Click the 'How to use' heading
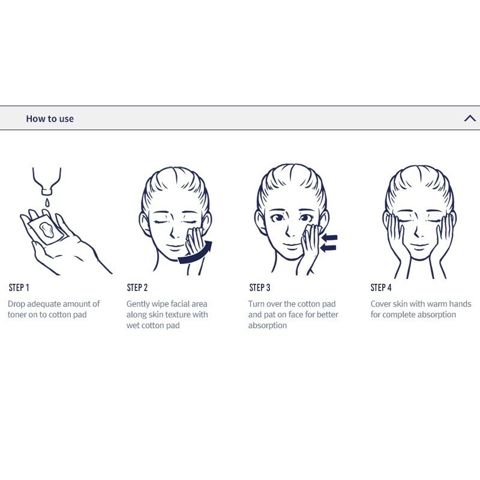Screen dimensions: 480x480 [50, 118]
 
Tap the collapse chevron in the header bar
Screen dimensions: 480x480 [470, 118]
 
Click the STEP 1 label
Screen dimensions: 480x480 [19, 287]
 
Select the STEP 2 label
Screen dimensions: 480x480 [137, 287]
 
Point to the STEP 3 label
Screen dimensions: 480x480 [260, 287]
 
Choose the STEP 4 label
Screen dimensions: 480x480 [381, 287]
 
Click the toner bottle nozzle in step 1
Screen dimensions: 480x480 [47, 191]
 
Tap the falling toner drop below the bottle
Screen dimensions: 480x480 [47, 202]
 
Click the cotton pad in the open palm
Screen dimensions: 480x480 [46, 230]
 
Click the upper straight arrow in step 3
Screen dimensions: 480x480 [329, 237]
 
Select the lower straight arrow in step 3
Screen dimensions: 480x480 [328, 247]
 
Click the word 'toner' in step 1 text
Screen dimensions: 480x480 [17, 314]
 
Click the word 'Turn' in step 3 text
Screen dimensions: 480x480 [256, 304]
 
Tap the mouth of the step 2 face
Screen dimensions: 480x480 [175, 247]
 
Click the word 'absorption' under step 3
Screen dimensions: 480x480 [268, 326]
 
